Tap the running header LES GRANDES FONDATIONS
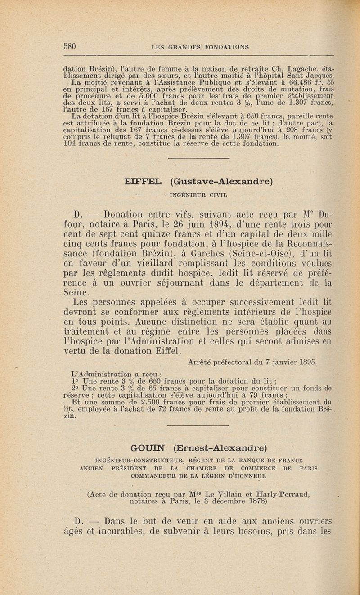pos(200,46)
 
